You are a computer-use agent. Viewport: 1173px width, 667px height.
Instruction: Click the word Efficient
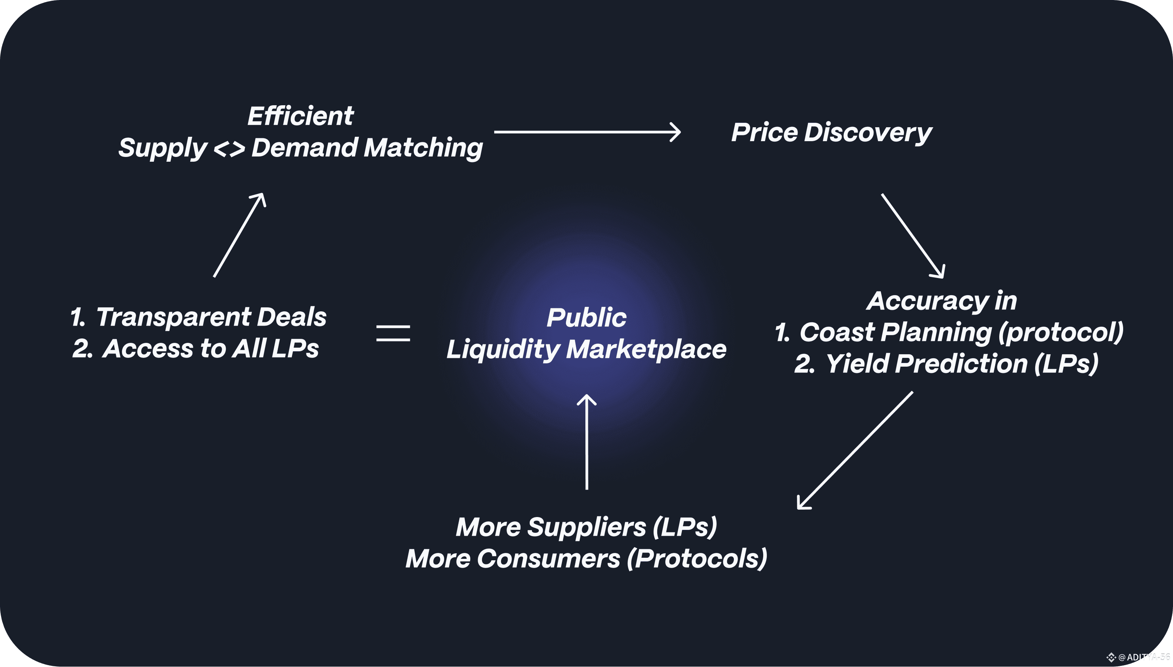point(300,116)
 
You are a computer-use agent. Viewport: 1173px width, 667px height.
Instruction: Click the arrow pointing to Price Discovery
point(587,132)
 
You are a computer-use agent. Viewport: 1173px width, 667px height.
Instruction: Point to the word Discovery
point(868,133)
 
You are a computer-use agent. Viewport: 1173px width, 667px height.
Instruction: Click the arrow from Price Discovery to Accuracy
point(912,235)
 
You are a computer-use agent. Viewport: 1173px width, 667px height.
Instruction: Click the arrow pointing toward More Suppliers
point(855,450)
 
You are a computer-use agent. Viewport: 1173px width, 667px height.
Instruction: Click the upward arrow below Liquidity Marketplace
point(586,442)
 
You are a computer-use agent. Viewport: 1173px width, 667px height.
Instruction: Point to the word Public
point(586,318)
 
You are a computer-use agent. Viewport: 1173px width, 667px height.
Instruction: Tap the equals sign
point(393,333)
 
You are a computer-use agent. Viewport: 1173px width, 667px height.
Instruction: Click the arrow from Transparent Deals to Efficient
point(239,235)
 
